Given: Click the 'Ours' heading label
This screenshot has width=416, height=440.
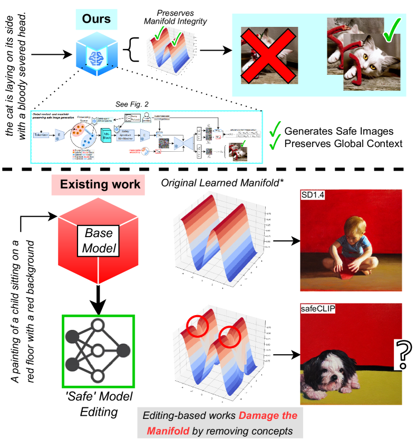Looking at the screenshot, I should (96, 19).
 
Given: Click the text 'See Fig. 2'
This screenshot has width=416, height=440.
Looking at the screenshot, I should (132, 104).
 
